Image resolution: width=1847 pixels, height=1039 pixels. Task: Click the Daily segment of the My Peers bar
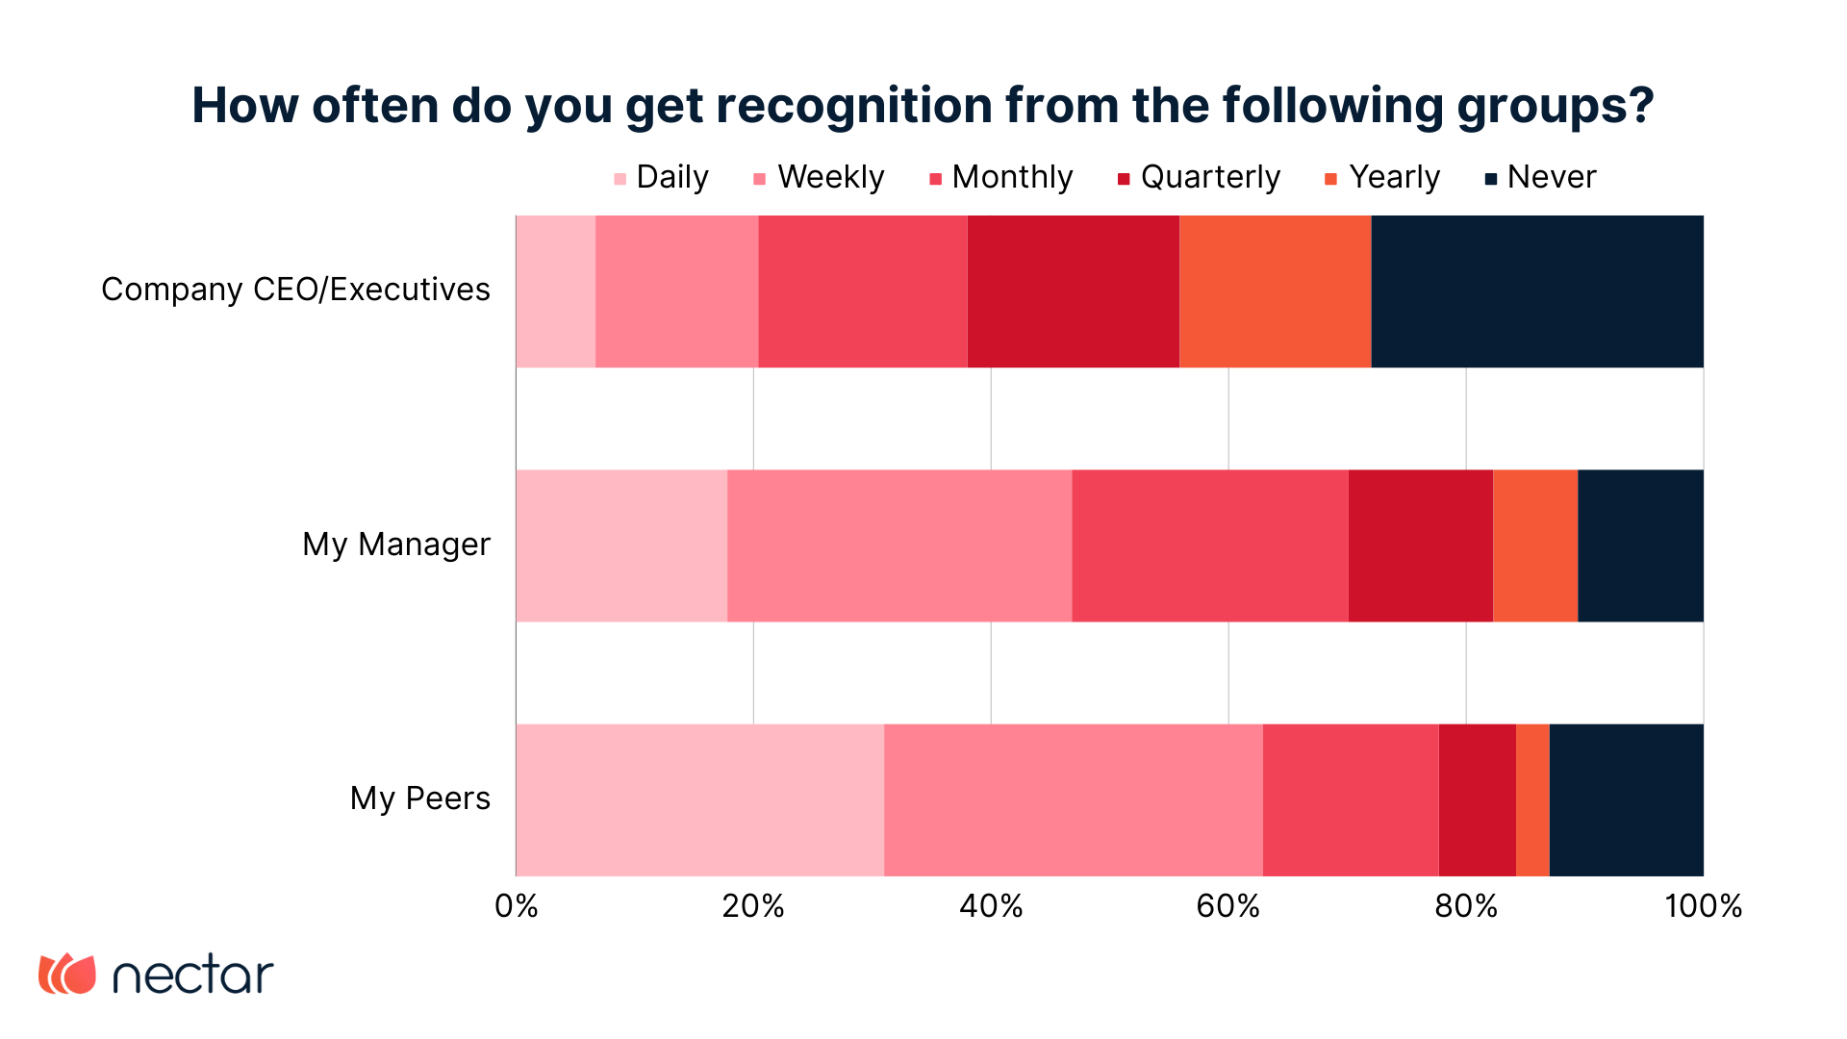699,799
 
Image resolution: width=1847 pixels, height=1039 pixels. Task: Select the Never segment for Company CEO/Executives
1536,291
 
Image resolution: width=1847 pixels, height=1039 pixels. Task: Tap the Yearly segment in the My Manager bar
1534,545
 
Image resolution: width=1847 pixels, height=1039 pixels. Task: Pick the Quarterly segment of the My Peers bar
1477,799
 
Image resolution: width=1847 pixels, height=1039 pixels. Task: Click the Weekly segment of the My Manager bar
898,545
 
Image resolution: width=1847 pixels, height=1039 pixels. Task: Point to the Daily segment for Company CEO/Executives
555,291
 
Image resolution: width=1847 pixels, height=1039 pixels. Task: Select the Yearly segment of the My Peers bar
1532,799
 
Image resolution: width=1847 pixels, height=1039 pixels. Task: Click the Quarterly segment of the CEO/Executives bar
1073,291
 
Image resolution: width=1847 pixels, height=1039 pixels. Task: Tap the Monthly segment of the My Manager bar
1209,545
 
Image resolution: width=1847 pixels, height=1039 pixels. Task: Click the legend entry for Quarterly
1199,178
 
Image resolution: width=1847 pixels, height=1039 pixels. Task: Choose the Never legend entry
1540,178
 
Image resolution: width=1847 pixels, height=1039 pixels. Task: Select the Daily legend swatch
620,179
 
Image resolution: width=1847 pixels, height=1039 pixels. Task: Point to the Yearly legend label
1393,178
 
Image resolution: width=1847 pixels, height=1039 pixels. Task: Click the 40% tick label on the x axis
991,906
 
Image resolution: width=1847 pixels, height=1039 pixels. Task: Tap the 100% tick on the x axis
1703,906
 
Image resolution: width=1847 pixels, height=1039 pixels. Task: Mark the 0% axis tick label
517,906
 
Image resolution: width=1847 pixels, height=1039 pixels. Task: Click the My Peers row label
419,799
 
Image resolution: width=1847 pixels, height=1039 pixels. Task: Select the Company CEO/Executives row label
295,291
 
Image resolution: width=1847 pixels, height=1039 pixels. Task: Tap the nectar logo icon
67,974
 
